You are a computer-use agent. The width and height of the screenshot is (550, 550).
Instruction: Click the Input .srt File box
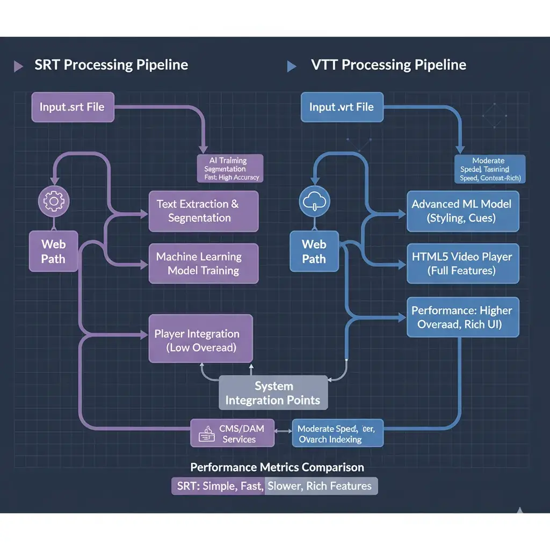71,106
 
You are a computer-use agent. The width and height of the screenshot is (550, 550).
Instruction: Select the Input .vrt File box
341,106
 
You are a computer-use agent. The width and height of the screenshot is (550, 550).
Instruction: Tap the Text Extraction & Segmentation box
203,211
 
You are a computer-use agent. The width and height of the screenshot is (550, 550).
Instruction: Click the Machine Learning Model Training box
203,263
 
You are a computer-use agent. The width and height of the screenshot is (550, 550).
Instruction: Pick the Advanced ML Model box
462,211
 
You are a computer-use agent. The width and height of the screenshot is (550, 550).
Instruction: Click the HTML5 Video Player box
462,263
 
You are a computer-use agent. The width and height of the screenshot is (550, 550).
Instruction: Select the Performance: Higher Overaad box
462,317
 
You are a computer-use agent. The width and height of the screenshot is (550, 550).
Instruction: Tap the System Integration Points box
273,393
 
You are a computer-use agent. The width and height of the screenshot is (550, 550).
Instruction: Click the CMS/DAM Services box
233,433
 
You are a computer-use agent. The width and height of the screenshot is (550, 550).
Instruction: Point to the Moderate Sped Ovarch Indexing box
337,433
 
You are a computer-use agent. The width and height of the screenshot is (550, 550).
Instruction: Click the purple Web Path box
53,251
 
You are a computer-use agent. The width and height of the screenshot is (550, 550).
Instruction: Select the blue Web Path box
314,251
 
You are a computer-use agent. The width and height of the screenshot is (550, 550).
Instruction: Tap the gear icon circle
53,201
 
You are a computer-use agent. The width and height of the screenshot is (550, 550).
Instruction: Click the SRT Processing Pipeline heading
111,66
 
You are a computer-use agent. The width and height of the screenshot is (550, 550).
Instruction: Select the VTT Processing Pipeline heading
388,66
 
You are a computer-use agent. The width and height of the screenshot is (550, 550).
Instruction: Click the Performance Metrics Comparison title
277,467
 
